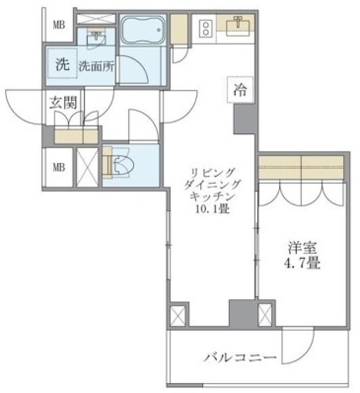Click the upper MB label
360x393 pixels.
point(59,25)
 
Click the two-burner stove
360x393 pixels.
point(205,28)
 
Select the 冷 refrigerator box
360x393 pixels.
point(240,90)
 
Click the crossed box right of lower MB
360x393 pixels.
point(85,166)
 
